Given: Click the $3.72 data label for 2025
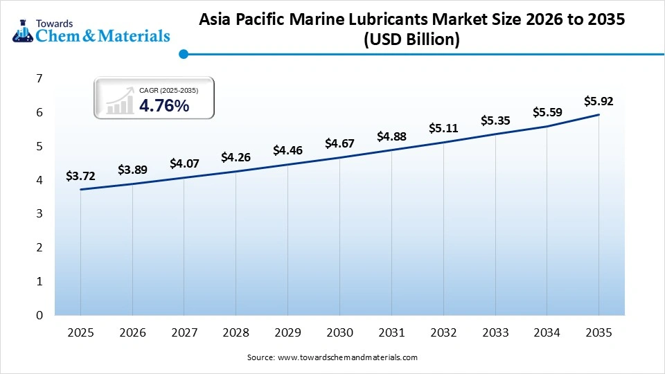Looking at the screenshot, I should [x=80, y=176].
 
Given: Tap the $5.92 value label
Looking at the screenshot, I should [x=598, y=101].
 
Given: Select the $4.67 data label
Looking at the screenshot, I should [x=339, y=144].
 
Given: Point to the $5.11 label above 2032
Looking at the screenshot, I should [x=443, y=128].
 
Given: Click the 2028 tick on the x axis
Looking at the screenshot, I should [x=236, y=333].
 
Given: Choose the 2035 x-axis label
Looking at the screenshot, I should [x=598, y=333].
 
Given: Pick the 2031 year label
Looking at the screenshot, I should [x=391, y=333].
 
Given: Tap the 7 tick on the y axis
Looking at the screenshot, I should [x=40, y=78].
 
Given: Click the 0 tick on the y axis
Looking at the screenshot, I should [x=40, y=315].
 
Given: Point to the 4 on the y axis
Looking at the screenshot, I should [x=40, y=180].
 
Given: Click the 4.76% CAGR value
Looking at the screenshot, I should [x=164, y=105].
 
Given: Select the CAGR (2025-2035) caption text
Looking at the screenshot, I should [x=168, y=90].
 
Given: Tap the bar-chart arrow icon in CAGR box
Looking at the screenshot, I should [x=119, y=100].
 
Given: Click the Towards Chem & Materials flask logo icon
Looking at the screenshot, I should [x=23, y=30].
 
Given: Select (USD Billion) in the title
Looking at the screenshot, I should [x=411, y=40].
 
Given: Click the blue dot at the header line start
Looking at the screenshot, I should [x=183, y=53].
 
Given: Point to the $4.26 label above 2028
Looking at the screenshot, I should [x=236, y=157].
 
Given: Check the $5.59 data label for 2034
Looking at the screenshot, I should [x=547, y=112].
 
